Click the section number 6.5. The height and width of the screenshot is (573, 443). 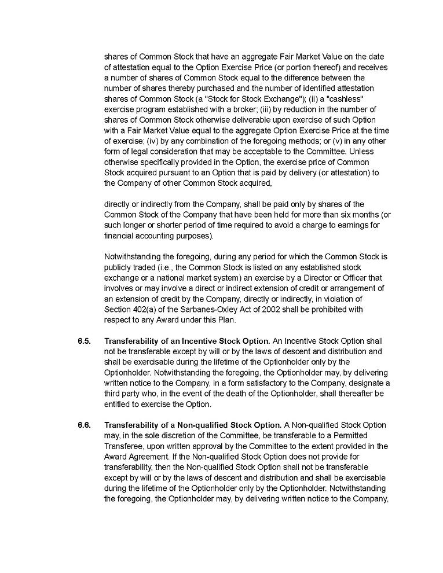[x=84, y=341]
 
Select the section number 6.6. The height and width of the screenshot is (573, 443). [x=84, y=425]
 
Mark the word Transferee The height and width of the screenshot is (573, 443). [x=124, y=446]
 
